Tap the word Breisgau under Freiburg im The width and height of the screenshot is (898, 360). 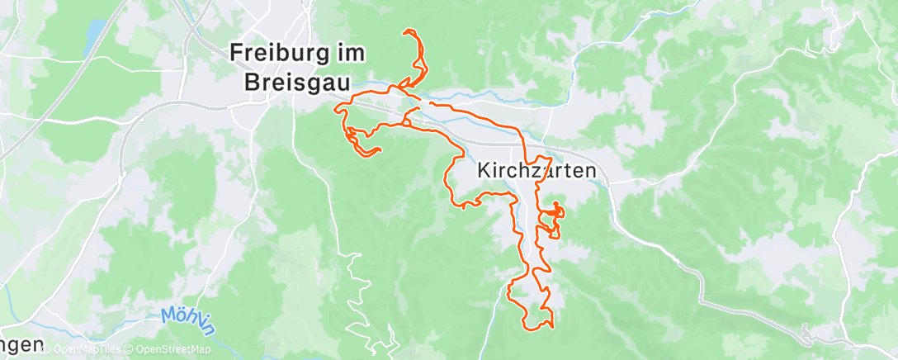click(x=297, y=83)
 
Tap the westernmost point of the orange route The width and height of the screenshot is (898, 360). click(x=334, y=107)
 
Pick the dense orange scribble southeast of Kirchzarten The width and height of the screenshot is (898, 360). click(x=552, y=216)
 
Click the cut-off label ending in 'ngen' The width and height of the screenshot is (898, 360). click(x=20, y=343)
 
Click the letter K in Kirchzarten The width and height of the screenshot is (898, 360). click(x=484, y=171)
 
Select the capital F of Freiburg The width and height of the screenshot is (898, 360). click(x=237, y=51)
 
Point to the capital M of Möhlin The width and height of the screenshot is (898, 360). click(x=168, y=315)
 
